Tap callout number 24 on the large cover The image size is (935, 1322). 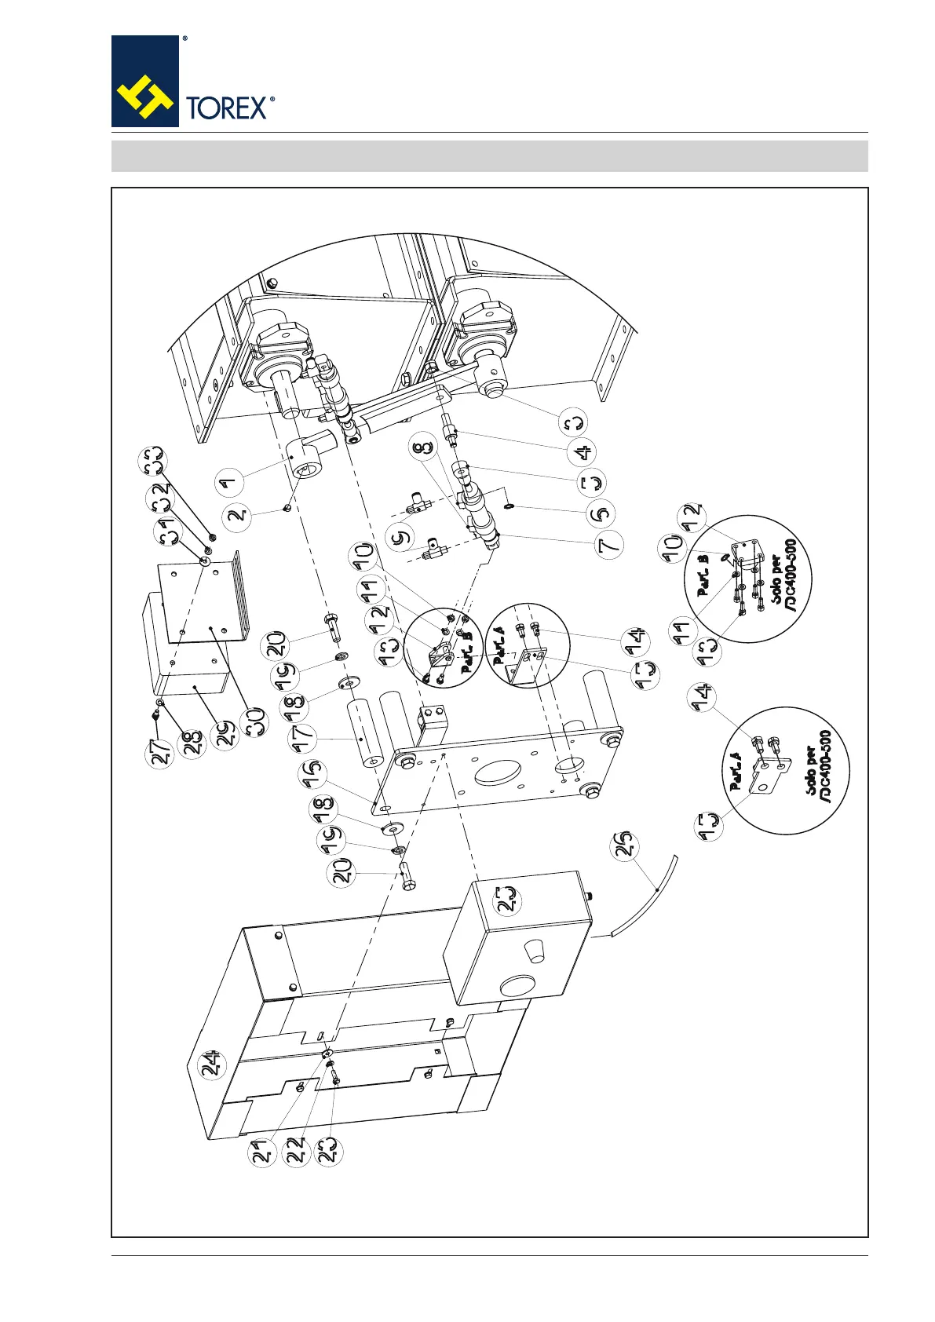pyautogui.click(x=213, y=1065)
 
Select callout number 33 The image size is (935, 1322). pyautogui.click(x=152, y=459)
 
